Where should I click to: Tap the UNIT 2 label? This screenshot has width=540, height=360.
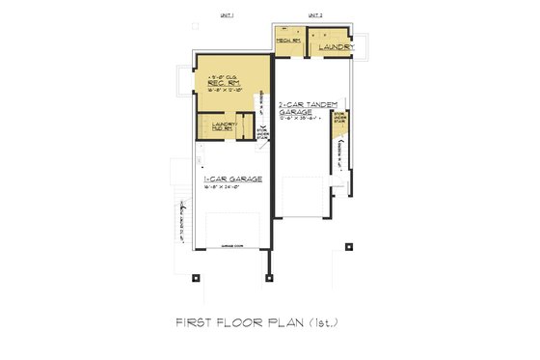314,16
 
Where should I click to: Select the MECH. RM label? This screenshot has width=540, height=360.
287,41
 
